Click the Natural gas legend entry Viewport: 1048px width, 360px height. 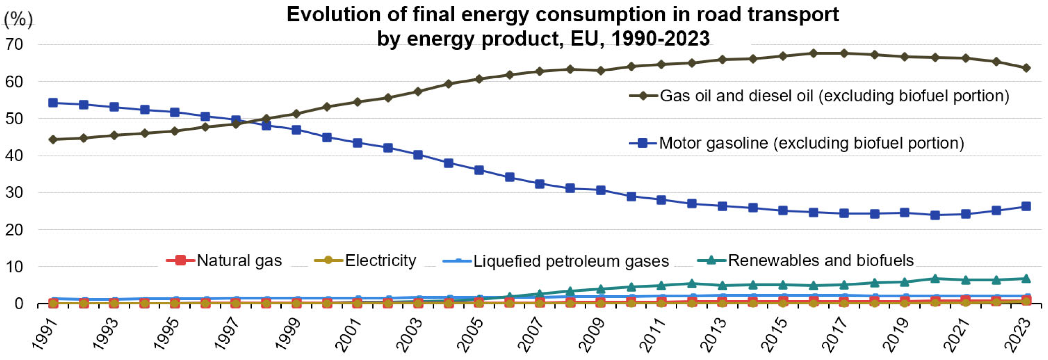point(224,260)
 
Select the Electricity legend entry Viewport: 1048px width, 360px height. point(365,260)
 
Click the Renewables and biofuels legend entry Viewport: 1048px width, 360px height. point(805,260)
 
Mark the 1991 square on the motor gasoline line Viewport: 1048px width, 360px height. point(53,103)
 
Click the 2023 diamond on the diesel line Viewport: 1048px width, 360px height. point(1026,68)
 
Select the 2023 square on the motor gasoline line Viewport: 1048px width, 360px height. point(1026,206)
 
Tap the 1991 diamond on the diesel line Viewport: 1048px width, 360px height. point(53,140)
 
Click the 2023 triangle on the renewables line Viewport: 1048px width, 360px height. point(1026,278)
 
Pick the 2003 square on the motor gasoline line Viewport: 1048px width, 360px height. point(418,155)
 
